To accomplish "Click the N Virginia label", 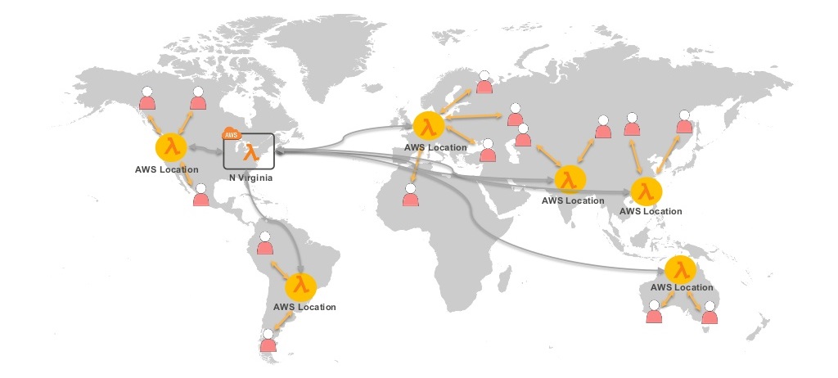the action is tap(250, 178).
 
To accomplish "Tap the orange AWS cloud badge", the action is tap(232, 134).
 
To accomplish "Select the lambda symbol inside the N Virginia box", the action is tap(251, 152).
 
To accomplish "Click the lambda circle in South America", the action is tap(301, 286).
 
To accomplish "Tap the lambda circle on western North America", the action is tap(170, 147).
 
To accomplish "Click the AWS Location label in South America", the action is tap(304, 307).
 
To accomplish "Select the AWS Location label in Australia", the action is tap(681, 288).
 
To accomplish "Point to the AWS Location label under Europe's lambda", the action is tap(435, 147).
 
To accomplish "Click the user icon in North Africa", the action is tap(411, 195).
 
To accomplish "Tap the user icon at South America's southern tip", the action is tap(268, 340).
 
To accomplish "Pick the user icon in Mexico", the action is tap(200, 196).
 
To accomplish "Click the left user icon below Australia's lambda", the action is tap(654, 312).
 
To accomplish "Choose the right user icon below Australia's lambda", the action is tap(710, 312).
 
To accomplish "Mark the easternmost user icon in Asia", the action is tap(685, 123).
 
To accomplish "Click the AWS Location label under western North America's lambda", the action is tap(167, 169).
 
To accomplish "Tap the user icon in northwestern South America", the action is tap(264, 244).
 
